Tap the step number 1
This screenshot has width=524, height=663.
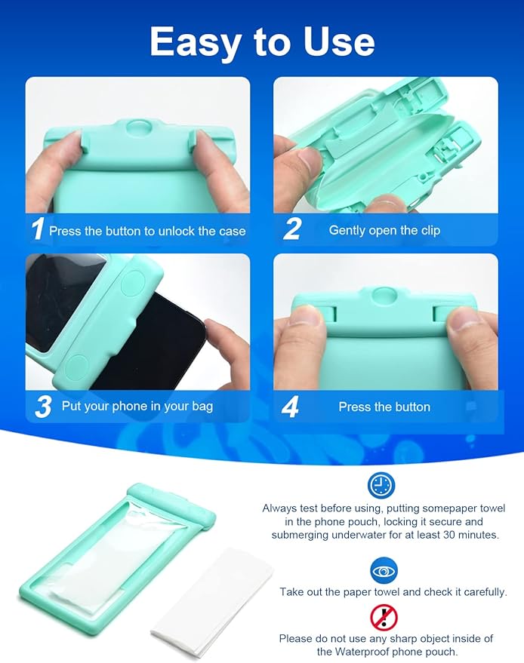point(36,229)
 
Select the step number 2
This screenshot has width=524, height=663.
point(291,229)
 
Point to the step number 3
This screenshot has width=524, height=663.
point(42,407)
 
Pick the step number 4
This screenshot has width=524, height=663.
point(291,407)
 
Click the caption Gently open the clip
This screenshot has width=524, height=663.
point(384,230)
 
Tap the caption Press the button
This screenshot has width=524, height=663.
point(384,407)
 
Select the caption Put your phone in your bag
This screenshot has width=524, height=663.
point(137,407)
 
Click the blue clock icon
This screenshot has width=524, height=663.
point(382,485)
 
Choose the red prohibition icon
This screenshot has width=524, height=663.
point(383,618)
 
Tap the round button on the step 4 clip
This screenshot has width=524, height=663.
point(384,295)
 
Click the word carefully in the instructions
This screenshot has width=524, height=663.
point(479,592)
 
